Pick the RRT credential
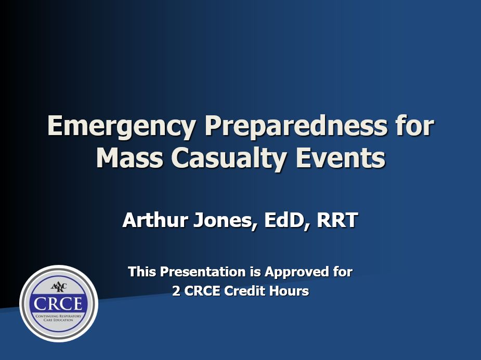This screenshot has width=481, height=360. pyautogui.click(x=338, y=220)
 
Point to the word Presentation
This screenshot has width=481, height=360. pyautogui.click(x=202, y=272)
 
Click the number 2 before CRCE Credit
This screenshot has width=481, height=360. pyautogui.click(x=176, y=291)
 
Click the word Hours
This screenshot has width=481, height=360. pyautogui.click(x=291, y=291)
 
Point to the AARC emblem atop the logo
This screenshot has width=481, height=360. pyautogui.click(x=59, y=287)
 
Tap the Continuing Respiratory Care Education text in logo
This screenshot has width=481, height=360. pyautogui.click(x=59, y=318)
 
